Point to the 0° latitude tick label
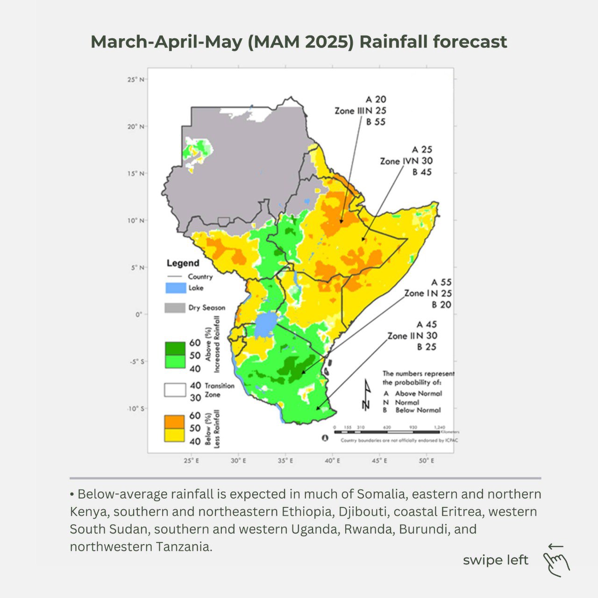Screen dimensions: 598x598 [139, 314]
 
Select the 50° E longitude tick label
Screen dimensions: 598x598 [426, 461]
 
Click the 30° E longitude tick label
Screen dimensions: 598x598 [238, 461]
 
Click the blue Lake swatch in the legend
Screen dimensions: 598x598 [176, 288]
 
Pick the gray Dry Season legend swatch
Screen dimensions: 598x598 [176, 308]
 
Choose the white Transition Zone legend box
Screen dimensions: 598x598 [175, 390]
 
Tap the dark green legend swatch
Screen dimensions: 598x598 [175, 349]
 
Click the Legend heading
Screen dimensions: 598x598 [183, 263]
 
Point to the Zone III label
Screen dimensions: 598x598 [349, 111]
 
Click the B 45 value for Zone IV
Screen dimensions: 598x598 [422, 172]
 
